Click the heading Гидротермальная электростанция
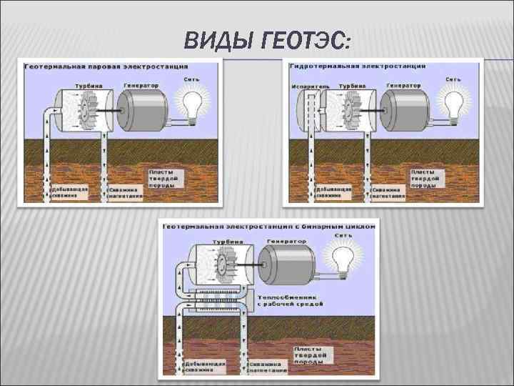pos(358,66)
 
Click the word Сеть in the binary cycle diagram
pos(343,234)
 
